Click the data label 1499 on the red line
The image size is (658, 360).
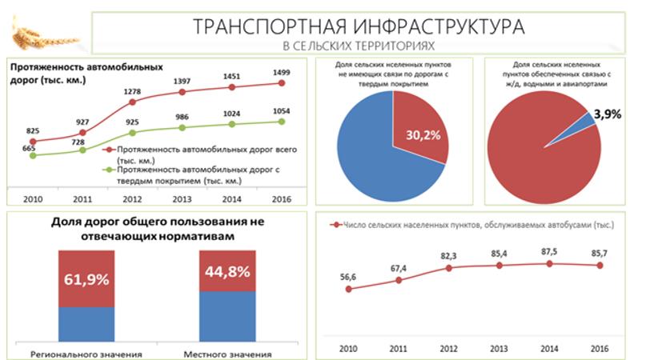click(x=281, y=72)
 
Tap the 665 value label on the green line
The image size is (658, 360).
click(x=30, y=148)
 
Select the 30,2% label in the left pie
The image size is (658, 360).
click(x=423, y=134)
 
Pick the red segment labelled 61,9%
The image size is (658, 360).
click(x=86, y=278)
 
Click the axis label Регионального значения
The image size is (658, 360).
click(x=86, y=354)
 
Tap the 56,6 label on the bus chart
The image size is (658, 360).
click(x=348, y=276)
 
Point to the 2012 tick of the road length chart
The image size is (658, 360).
click(x=132, y=199)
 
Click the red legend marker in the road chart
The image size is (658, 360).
click(x=107, y=150)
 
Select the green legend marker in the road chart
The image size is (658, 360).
click(x=107, y=170)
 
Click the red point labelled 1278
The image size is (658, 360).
click(x=132, y=102)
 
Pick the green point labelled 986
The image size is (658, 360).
click(x=182, y=127)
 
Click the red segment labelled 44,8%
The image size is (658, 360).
click(x=227, y=270)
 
